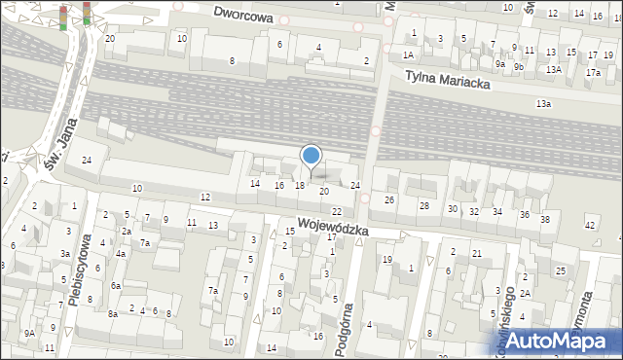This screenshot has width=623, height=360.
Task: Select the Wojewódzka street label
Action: [333, 227]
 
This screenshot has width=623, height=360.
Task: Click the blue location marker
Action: [311, 157]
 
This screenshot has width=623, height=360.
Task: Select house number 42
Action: [590, 225]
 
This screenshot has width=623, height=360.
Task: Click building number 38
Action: [546, 220]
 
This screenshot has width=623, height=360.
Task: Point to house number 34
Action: [497, 212]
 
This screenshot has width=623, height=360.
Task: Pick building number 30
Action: [452, 209]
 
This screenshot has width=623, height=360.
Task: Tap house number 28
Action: [423, 206]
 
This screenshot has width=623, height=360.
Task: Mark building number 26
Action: [389, 200]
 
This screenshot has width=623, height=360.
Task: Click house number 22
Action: [336, 211]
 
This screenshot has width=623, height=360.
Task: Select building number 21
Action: [477, 254]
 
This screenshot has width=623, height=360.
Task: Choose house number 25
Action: [561, 270]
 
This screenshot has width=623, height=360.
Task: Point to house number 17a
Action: [593, 72]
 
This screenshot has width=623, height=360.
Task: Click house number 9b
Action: [519, 66]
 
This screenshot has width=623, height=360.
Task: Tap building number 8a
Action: [113, 313]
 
